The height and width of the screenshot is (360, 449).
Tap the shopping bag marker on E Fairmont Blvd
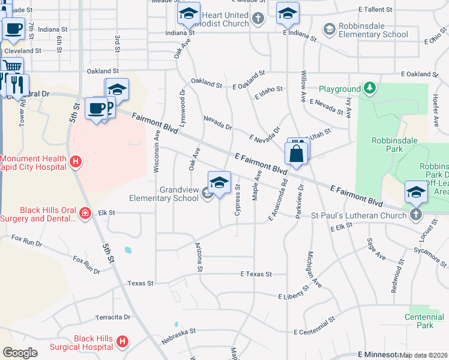pyautogui.click(x=297, y=154)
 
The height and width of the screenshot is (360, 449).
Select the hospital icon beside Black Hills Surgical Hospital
pyautogui.click(x=122, y=341)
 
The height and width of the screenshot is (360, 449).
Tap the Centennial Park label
pyautogui.click(x=424, y=321)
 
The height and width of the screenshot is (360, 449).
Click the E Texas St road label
pyautogui.click(x=256, y=274)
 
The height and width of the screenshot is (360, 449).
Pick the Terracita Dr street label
pyautogui.click(x=112, y=317)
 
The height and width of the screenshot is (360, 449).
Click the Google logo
pyautogui.click(x=20, y=352)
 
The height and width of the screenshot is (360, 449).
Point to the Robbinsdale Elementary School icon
pyautogui.click(x=328, y=29)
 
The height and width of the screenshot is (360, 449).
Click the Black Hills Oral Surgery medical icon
pyautogui.click(x=85, y=212)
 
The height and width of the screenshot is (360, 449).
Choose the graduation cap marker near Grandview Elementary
pyautogui.click(x=219, y=182)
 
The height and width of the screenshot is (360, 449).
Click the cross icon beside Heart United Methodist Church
pyautogui.click(x=258, y=18)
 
